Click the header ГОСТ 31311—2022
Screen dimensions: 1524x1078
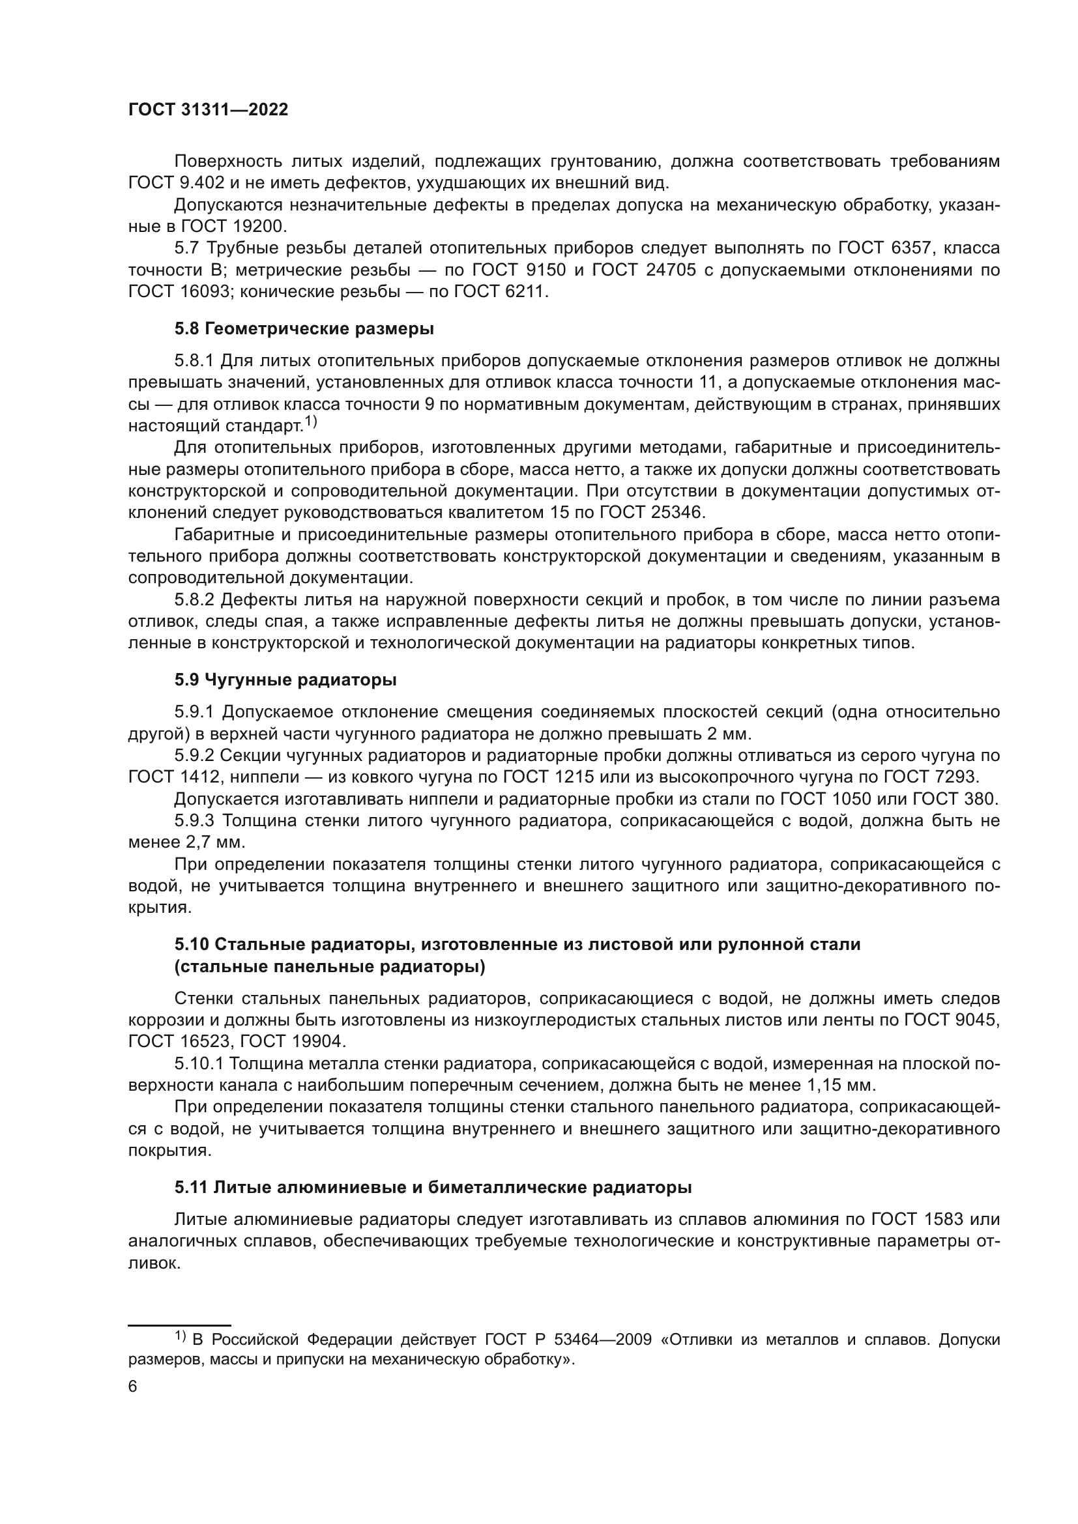[x=208, y=110]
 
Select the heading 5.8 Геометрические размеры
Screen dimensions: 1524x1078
[x=304, y=328]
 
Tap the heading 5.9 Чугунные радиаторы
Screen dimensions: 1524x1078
[x=285, y=680]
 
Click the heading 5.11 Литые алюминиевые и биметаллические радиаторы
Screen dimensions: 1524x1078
[x=433, y=1188]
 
